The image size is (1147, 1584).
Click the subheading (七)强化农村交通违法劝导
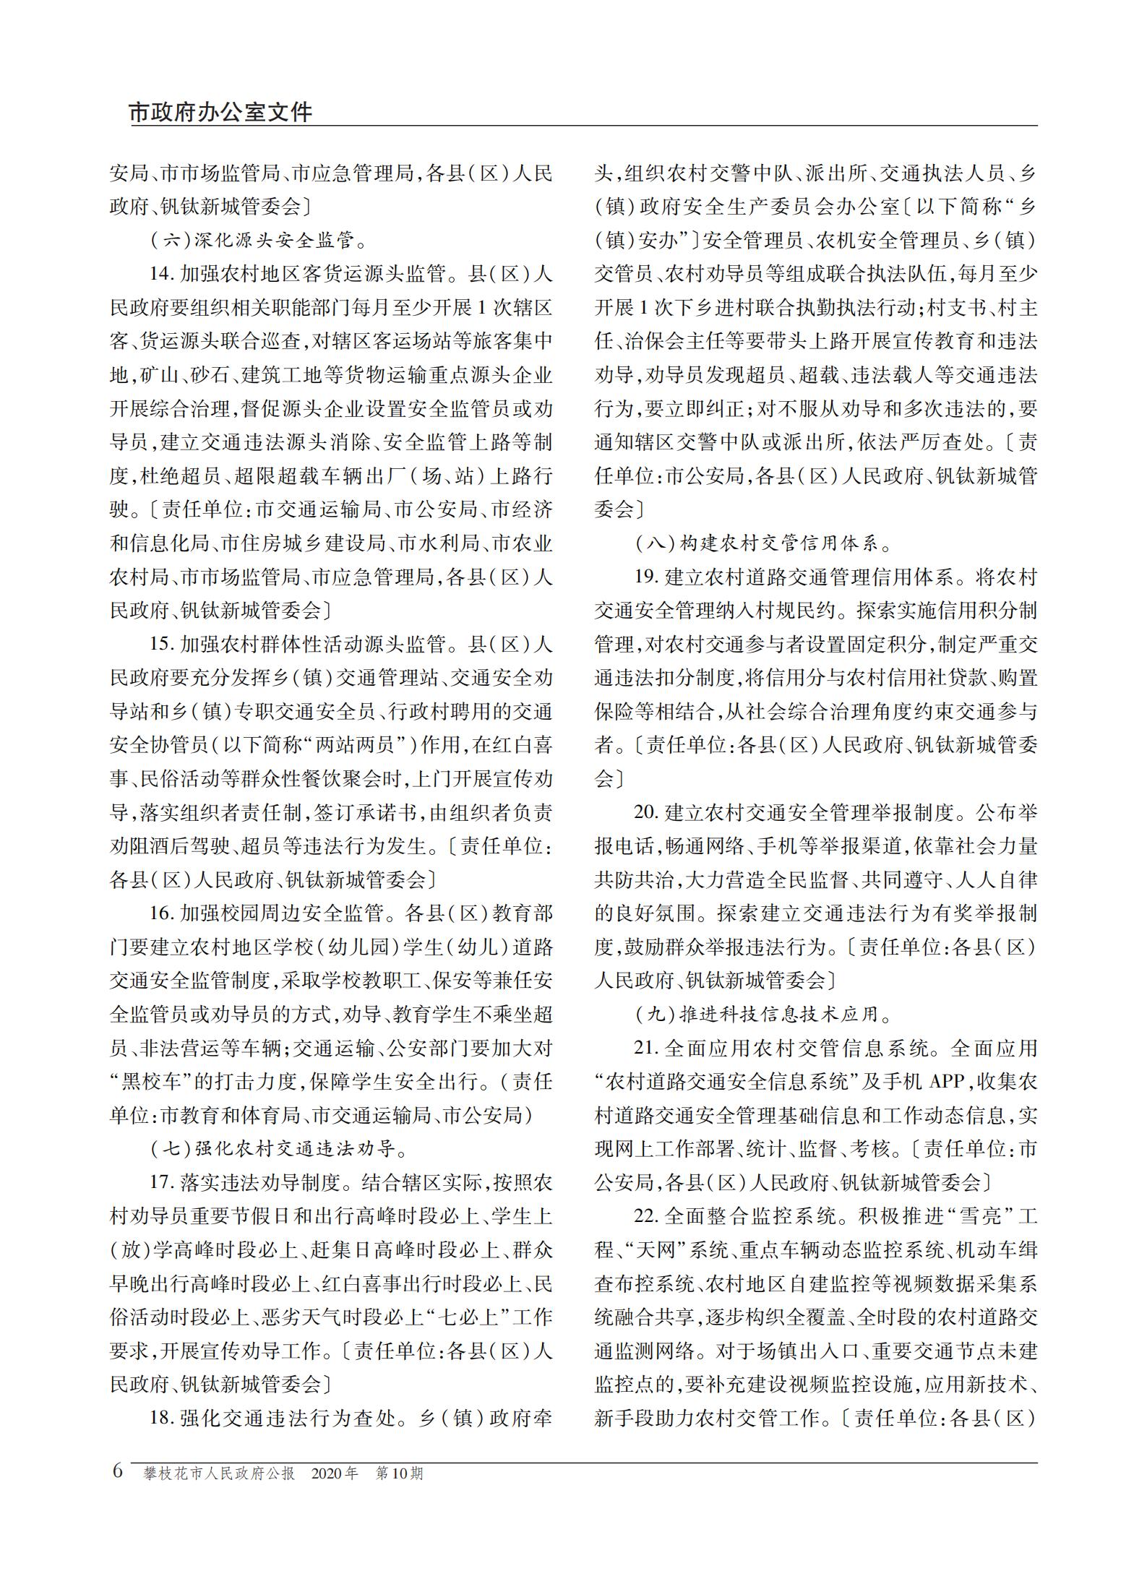[x=280, y=1148]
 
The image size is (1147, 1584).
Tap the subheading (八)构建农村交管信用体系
[x=765, y=543]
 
